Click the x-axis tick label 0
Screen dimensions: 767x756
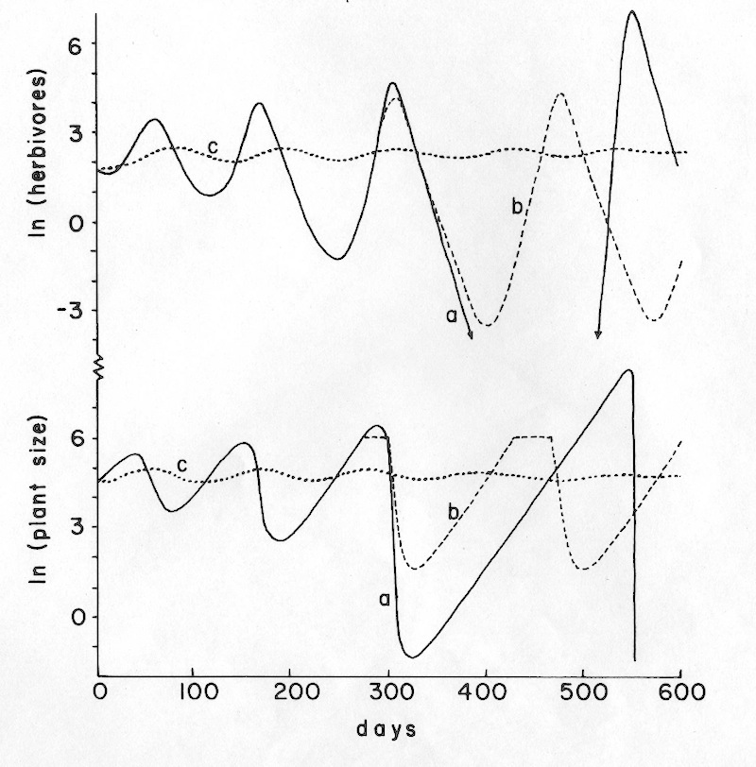tap(99, 691)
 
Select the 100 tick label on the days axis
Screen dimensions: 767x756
tap(193, 691)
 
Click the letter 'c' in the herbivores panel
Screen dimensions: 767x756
tap(214, 145)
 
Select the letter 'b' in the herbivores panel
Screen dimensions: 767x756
tap(517, 207)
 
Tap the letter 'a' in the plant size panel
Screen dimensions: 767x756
tap(385, 598)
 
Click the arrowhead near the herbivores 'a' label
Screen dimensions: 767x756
tap(470, 353)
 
